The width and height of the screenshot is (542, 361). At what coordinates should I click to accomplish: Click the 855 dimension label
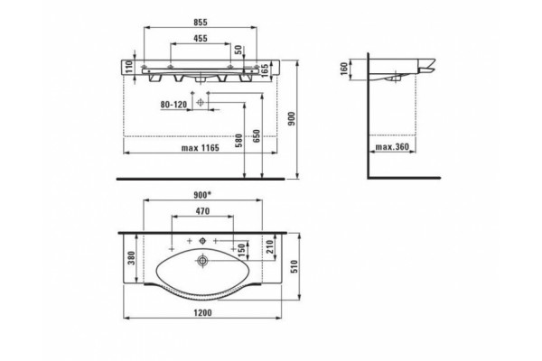[201, 23]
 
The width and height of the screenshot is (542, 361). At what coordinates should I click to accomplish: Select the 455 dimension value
[201, 38]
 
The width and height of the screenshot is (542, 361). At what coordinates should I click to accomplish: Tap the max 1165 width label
[201, 148]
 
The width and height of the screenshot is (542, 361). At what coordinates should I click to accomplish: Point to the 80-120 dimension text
[173, 105]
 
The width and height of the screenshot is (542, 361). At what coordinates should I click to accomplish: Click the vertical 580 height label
[239, 141]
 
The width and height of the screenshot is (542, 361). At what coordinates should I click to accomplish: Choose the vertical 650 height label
[257, 136]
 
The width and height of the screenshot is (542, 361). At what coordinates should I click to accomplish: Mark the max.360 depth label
[392, 147]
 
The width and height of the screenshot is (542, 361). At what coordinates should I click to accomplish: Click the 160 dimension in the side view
[344, 69]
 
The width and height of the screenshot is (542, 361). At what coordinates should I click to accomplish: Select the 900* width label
[201, 195]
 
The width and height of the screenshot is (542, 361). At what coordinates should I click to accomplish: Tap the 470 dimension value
[202, 211]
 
